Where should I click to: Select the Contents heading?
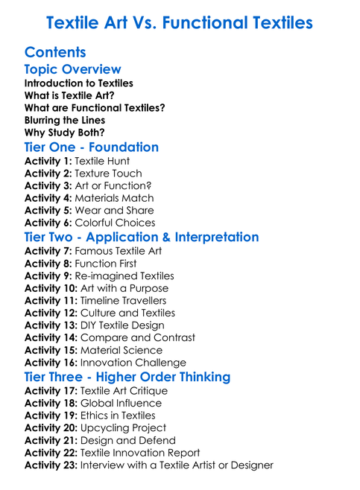coord(55,52)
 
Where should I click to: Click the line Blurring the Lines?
coord(64,120)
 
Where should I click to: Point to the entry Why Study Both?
coord(64,132)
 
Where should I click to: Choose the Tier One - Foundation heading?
coord(92,147)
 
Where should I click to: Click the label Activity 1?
coord(48,161)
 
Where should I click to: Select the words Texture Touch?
coord(109,174)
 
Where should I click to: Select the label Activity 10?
coord(51,288)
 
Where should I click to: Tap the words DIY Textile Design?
coord(122,325)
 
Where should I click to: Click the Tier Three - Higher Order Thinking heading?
coord(127,377)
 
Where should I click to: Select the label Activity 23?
coord(51,465)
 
